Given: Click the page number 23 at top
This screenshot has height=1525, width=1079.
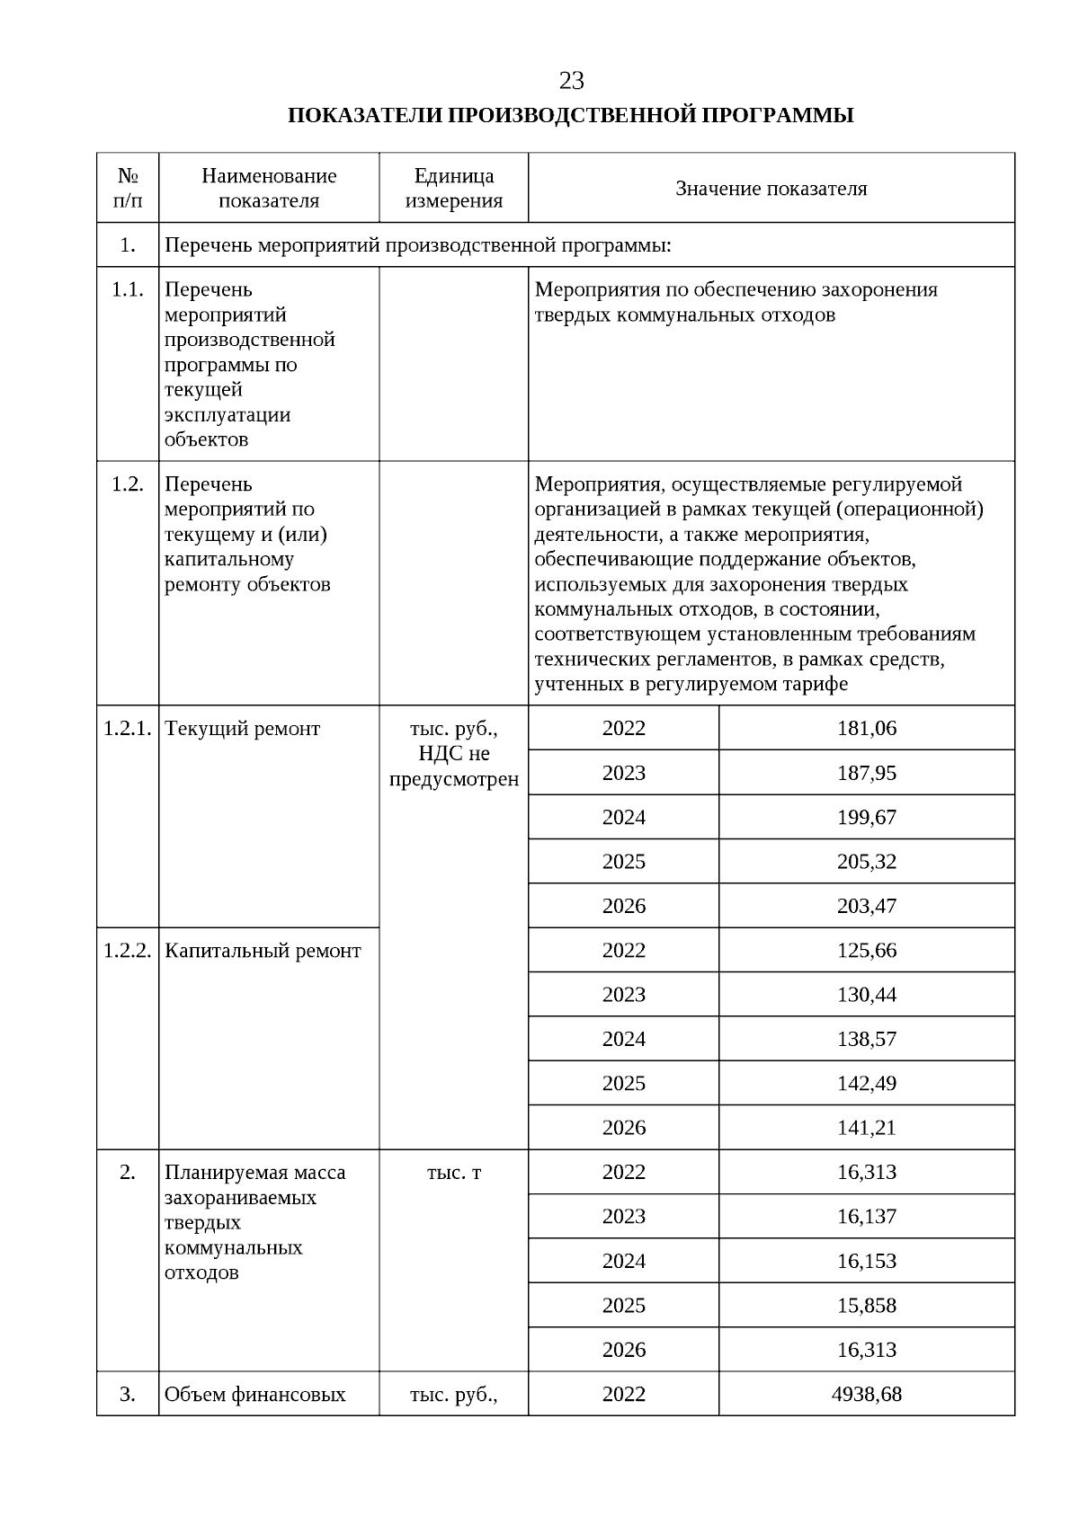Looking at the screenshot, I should [x=571, y=81].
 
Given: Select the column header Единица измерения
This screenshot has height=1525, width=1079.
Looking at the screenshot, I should [x=453, y=188].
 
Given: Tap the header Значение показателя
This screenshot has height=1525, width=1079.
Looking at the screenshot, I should [x=771, y=189].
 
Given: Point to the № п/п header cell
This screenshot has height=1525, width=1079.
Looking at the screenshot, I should [x=128, y=188].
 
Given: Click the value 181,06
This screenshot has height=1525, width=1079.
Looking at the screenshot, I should [x=866, y=728].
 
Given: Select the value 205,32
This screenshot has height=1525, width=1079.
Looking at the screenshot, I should [x=866, y=861].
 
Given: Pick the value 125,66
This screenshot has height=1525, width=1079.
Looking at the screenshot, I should [x=866, y=950].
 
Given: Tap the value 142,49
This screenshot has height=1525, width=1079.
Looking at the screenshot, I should [x=866, y=1083].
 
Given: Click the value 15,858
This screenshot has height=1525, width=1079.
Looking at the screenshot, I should [x=866, y=1305].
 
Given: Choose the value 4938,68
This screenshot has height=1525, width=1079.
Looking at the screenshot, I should [x=866, y=1394].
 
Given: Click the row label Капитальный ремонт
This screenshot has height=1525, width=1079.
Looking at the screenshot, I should [x=263, y=951].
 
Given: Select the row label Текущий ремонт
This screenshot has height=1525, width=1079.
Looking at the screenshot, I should [x=242, y=729].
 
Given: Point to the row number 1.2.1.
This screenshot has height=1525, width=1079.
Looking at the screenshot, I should [x=127, y=729].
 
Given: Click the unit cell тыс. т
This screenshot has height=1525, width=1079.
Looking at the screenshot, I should [x=453, y=1173].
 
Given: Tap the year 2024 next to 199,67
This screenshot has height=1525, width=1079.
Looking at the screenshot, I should [x=623, y=817].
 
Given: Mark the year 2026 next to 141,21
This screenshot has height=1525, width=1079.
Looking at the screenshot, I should [x=623, y=1127].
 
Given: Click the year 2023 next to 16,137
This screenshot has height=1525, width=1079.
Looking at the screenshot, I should [x=623, y=1216].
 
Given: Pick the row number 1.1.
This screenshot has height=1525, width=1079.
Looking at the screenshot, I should [x=127, y=289].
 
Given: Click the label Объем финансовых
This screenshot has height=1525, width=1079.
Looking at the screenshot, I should [x=254, y=1395].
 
